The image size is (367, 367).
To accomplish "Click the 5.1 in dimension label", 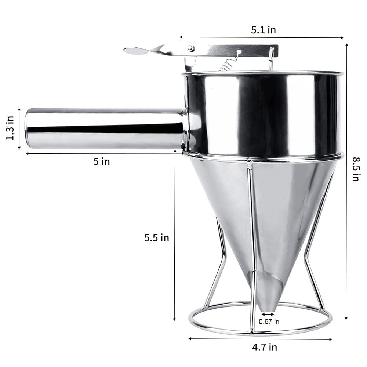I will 263,30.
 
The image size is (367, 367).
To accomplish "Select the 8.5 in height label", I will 355,169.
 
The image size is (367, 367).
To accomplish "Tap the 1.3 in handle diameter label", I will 10,128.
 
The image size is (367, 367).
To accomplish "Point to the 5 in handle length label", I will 101,161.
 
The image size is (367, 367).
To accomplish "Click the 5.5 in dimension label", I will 156,237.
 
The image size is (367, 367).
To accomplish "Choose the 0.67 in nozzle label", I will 269,321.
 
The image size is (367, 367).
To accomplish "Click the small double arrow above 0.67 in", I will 268,314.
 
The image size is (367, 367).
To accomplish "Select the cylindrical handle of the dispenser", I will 105,128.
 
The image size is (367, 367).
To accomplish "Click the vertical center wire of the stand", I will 251,239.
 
